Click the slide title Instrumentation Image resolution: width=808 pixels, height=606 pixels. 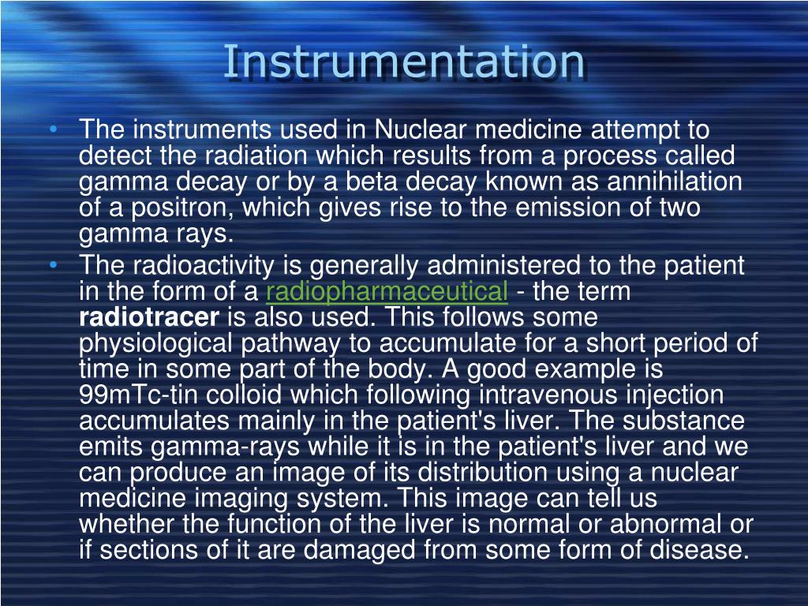point(403,62)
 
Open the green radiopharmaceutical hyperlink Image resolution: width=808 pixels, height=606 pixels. point(387,292)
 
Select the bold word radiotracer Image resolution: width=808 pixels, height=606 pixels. point(149,318)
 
